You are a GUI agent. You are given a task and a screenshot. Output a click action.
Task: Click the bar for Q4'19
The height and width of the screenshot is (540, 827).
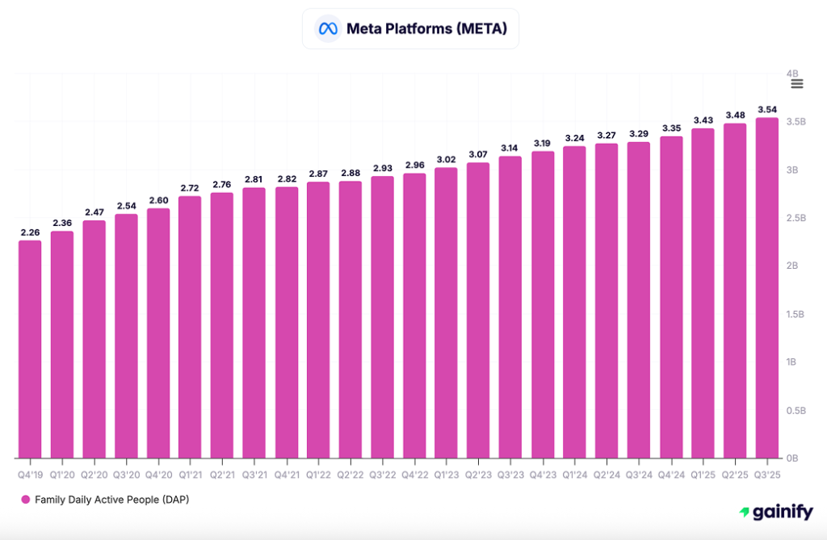coord(30,350)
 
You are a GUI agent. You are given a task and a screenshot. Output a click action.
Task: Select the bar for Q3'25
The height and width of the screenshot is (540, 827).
coord(767,288)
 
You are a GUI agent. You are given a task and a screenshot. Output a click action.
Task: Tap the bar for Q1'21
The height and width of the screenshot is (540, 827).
coord(190,327)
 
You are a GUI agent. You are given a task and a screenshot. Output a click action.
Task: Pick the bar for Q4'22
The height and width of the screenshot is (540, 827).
coord(414,316)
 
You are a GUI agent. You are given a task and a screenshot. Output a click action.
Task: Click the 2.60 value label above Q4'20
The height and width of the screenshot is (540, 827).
coord(158,200)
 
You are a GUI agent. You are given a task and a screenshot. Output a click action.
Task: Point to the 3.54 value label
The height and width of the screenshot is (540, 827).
coord(767,109)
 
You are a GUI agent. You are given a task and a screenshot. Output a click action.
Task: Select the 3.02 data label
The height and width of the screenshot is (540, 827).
coord(446,159)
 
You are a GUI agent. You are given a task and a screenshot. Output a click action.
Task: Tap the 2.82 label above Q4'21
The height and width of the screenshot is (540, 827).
coord(286,178)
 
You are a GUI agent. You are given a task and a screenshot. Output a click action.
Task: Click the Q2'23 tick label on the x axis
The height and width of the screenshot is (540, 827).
coord(478,475)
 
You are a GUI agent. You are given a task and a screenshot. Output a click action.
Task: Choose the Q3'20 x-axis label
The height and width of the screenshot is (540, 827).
coord(126,475)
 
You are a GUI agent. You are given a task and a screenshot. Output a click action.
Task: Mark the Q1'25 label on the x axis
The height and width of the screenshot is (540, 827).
coord(703,475)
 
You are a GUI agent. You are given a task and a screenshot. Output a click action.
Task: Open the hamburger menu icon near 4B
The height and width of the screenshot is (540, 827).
coord(797,84)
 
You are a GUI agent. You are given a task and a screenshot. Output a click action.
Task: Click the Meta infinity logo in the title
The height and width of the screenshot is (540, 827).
coord(327,29)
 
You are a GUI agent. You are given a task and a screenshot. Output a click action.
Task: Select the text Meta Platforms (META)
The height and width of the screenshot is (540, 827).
coord(426,29)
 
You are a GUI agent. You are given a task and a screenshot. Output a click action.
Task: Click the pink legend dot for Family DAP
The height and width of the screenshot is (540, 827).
coord(26,500)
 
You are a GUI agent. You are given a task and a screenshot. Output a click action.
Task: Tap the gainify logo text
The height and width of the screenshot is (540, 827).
coord(775,512)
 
